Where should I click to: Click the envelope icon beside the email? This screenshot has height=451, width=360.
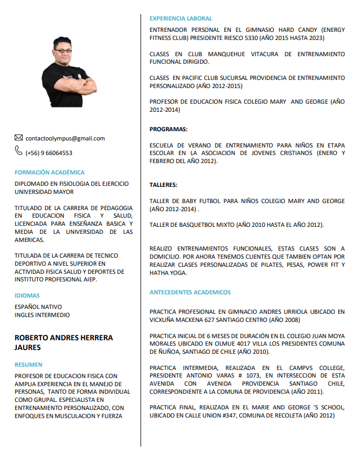[x=19, y=138]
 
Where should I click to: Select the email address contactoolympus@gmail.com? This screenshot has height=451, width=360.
[x=65, y=139]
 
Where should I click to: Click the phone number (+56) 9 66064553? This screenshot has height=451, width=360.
[x=49, y=153]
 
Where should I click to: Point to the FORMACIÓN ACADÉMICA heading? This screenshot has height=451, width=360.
[x=50, y=172]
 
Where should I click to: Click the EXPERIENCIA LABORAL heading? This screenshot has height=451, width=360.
[x=181, y=18]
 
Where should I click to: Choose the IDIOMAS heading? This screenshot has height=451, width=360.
[x=27, y=295]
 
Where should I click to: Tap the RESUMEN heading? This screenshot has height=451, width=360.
[x=29, y=365]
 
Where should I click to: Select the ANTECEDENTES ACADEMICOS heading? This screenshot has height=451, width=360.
[x=190, y=292]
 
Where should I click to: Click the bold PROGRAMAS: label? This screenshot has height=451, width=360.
[x=169, y=129]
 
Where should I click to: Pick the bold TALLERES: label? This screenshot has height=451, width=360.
[x=163, y=185]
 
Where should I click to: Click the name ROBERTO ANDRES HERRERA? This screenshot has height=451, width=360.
[x=64, y=338]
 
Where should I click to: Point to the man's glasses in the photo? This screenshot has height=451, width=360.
[x=63, y=51]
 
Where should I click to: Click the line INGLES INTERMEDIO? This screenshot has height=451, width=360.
[x=42, y=315]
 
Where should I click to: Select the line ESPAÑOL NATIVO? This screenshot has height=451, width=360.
[x=38, y=307]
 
